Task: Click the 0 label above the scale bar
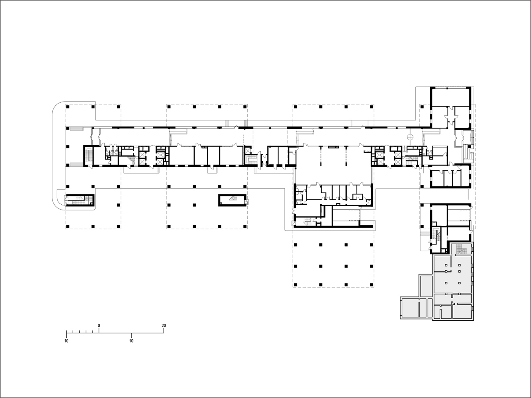coord(99,326)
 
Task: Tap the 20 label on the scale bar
coord(163,326)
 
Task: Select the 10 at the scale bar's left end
coord(66,341)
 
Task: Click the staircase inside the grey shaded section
coord(461,249)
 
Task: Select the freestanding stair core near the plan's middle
coord(232,200)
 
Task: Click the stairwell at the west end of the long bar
coord(89,155)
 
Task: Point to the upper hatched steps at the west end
coord(75,129)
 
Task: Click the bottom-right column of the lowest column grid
coord(372,284)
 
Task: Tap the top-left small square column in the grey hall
coord(447,265)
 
